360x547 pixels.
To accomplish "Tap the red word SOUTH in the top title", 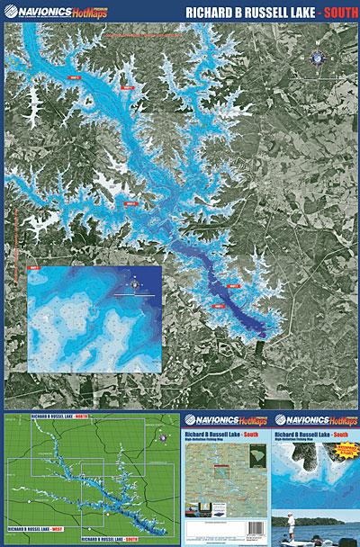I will coord(335,13).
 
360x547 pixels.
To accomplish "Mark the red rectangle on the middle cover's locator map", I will coord(216,466).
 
